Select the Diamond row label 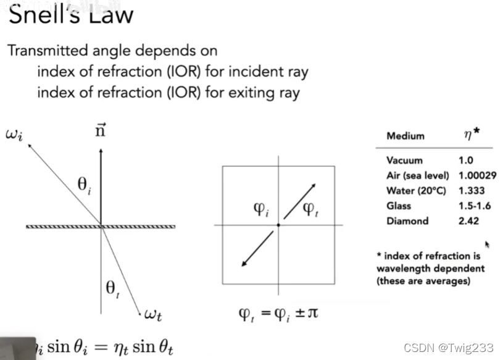(407, 221)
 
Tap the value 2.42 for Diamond (468, 221)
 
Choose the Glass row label (399, 206)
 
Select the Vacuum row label (405, 160)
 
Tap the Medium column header (405, 136)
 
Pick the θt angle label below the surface (113, 289)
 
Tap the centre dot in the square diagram (279, 225)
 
